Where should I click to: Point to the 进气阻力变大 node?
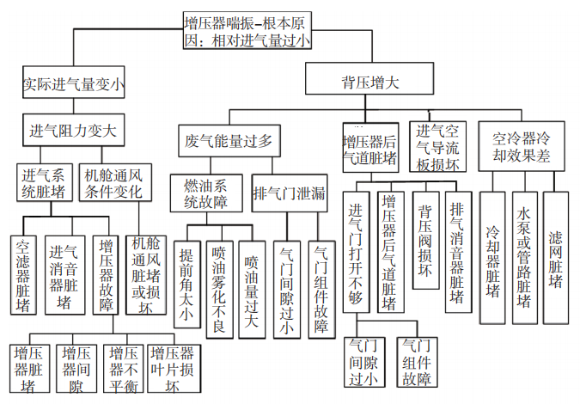73,132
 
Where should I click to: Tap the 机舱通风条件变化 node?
113,183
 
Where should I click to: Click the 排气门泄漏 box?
290,193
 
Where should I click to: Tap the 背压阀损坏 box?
424,244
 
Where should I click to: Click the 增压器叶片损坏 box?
170,369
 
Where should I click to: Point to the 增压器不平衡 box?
124,369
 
